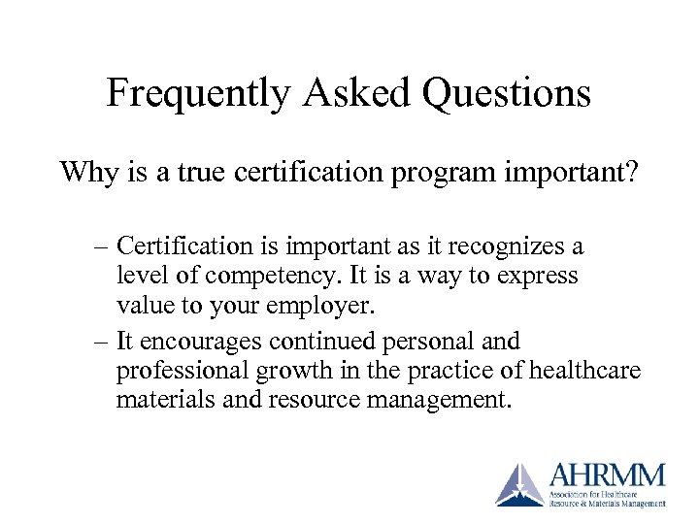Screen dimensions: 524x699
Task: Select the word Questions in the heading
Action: pyautogui.click(x=511, y=94)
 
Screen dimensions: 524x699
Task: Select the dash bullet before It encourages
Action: pyautogui.click(x=102, y=342)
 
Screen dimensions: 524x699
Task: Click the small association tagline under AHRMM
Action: pyautogui.click(x=607, y=499)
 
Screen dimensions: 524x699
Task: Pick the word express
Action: pyautogui.click(x=537, y=277)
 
